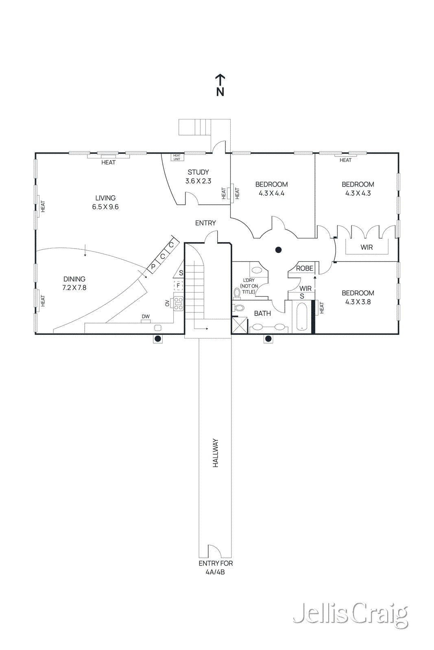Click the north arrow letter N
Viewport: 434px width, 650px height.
click(x=220, y=92)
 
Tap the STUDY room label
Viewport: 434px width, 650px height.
click(x=198, y=172)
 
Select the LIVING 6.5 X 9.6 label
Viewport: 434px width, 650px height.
click(x=105, y=202)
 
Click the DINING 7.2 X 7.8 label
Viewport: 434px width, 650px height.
click(x=74, y=283)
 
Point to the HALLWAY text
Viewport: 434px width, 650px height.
click(x=216, y=453)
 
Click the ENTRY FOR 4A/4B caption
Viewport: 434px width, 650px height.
click(x=216, y=568)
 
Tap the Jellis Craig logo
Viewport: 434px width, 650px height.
click(x=350, y=614)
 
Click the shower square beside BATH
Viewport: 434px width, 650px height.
click(x=240, y=325)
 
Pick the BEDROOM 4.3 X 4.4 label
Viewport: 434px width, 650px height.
click(x=271, y=189)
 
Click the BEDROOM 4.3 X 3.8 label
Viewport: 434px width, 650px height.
click(x=358, y=297)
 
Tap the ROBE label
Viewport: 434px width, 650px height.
click(x=304, y=269)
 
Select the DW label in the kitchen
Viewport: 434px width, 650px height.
click(x=146, y=316)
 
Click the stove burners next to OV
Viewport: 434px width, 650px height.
click(x=179, y=303)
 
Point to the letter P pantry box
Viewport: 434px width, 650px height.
click(x=153, y=267)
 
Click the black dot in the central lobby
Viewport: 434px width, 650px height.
click(x=279, y=250)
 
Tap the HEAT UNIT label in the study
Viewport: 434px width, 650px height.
click(x=177, y=157)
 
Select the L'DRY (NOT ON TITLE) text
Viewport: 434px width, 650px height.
click(x=249, y=286)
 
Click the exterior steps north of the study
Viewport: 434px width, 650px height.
click(x=195, y=127)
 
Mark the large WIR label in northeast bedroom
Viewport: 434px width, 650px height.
click(x=366, y=247)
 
